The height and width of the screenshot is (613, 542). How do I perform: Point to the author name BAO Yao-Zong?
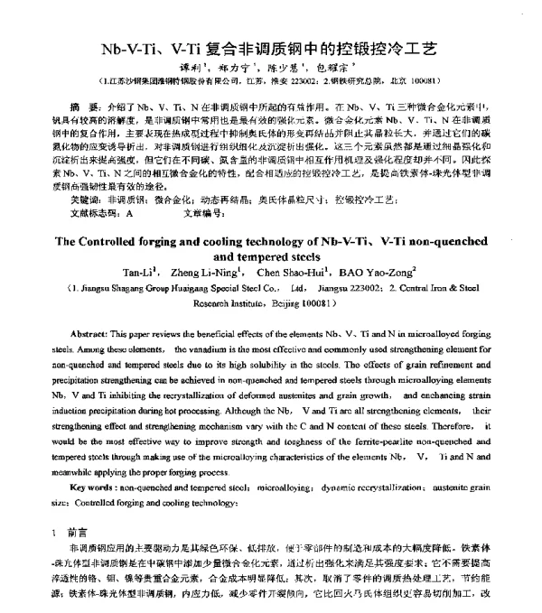tap(372, 272)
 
